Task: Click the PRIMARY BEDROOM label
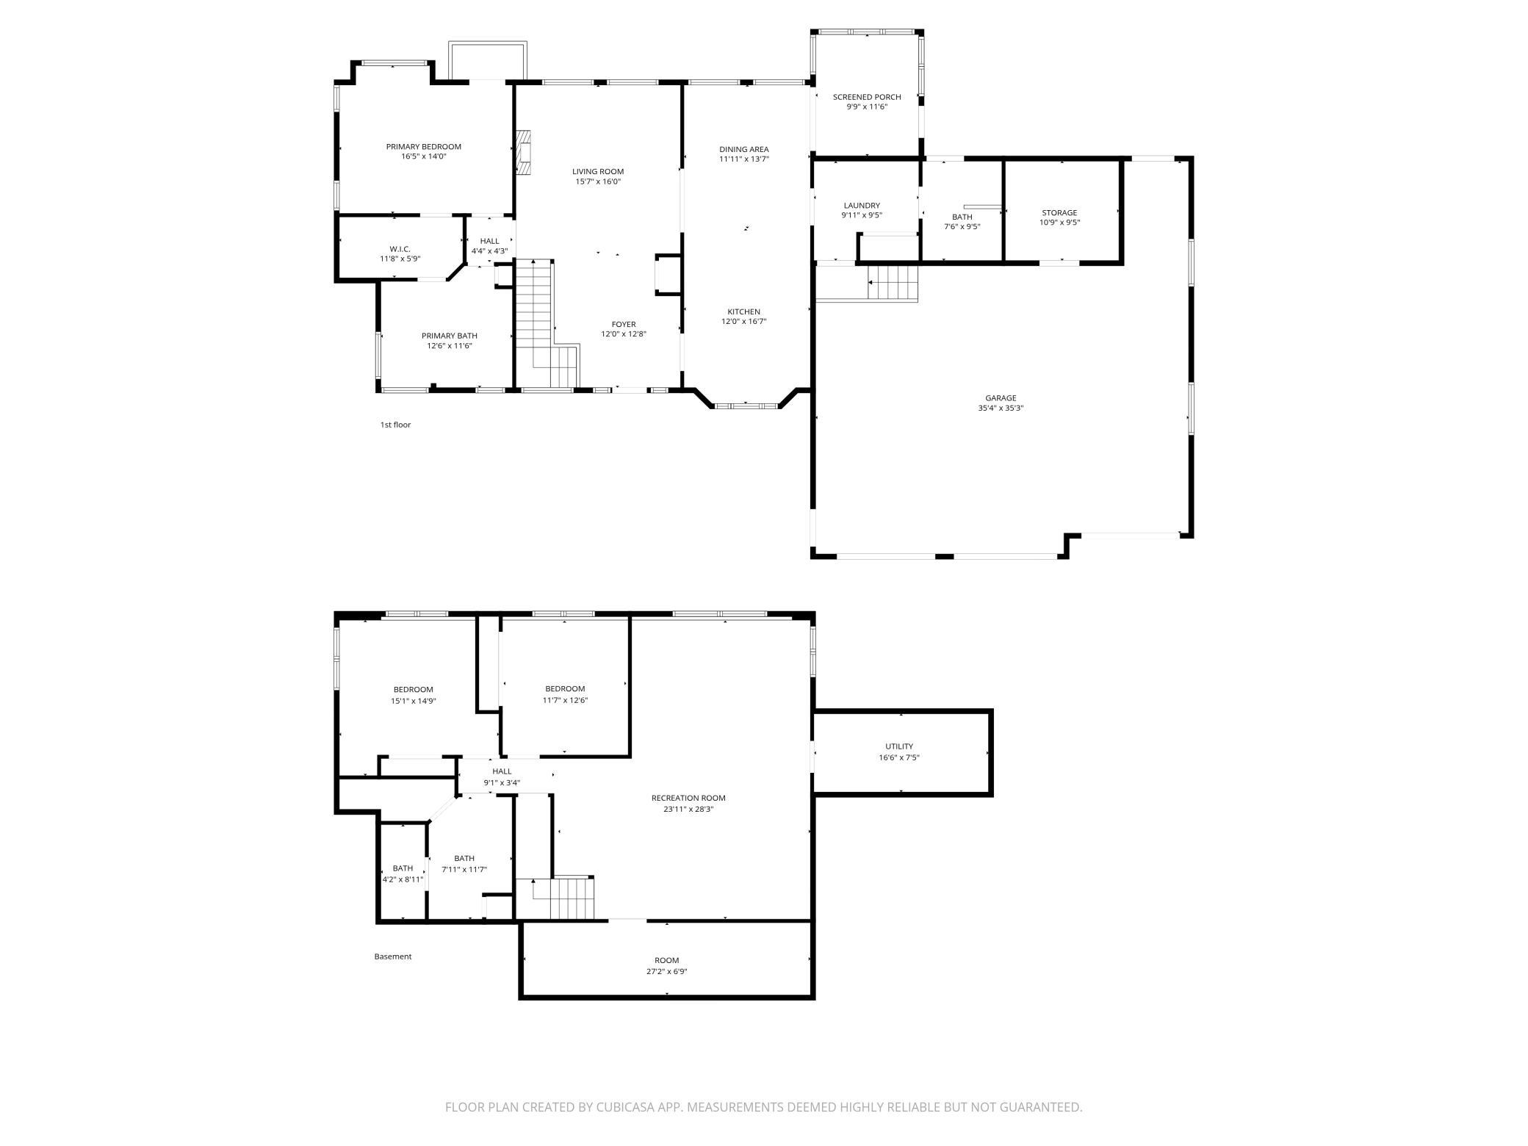pyautogui.click(x=423, y=147)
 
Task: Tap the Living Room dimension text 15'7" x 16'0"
pyautogui.click(x=598, y=181)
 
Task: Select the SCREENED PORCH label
pyautogui.click(x=866, y=97)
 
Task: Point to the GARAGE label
pyautogui.click(x=1001, y=398)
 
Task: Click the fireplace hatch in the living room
pyautogui.click(x=523, y=153)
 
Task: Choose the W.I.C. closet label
pyautogui.click(x=400, y=249)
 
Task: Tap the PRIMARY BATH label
pyautogui.click(x=449, y=336)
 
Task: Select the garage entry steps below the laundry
pyautogui.click(x=894, y=283)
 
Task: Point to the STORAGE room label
pyautogui.click(x=1059, y=213)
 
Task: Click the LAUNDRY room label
pyautogui.click(x=862, y=206)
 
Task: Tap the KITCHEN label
pyautogui.click(x=743, y=311)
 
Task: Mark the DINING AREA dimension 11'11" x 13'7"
pyautogui.click(x=743, y=159)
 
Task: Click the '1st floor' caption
pyautogui.click(x=395, y=425)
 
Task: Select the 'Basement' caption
pyautogui.click(x=392, y=956)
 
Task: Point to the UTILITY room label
pyautogui.click(x=898, y=746)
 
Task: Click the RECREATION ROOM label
pyautogui.click(x=688, y=798)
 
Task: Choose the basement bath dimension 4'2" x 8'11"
pyautogui.click(x=403, y=879)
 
